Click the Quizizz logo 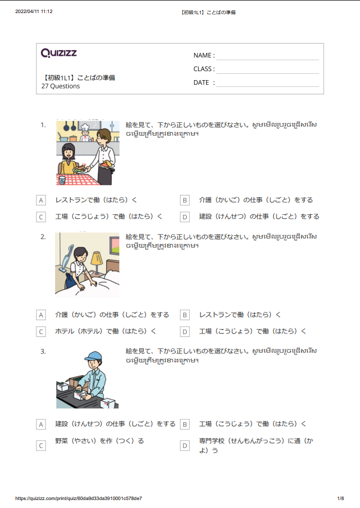[59, 53]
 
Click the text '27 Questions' [61, 86]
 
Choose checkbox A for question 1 [41, 200]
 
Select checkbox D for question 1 [185, 216]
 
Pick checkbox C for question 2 [41, 331]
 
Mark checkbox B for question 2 [185, 315]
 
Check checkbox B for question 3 [185, 424]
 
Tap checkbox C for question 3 [41, 445]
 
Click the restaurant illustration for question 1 [88, 152]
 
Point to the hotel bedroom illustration [87, 264]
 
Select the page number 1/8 [341, 498]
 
